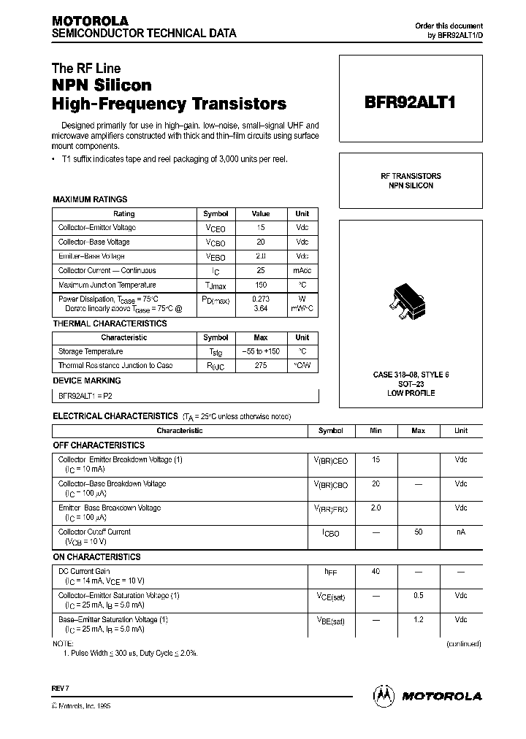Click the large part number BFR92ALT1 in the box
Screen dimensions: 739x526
(410, 103)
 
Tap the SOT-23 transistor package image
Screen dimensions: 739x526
(411, 301)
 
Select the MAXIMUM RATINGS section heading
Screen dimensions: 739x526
(90, 199)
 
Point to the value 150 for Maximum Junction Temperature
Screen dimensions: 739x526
(260, 285)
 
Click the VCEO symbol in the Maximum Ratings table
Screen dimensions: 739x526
(216, 229)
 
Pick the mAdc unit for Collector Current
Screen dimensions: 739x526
(302, 271)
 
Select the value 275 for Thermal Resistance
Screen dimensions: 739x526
(260, 366)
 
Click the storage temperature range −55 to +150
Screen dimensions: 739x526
(260, 351)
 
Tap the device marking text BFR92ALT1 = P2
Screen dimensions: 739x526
(85, 395)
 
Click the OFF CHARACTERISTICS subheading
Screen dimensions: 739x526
(99, 445)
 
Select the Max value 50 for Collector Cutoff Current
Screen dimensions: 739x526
(418, 532)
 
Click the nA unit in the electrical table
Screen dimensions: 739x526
(460, 532)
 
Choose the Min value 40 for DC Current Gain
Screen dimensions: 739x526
(376, 571)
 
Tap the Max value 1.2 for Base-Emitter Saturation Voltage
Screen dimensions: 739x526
(418, 619)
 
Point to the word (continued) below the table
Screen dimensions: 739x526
(464, 644)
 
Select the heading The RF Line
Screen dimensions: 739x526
(86, 69)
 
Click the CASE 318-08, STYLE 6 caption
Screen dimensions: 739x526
(411, 375)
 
